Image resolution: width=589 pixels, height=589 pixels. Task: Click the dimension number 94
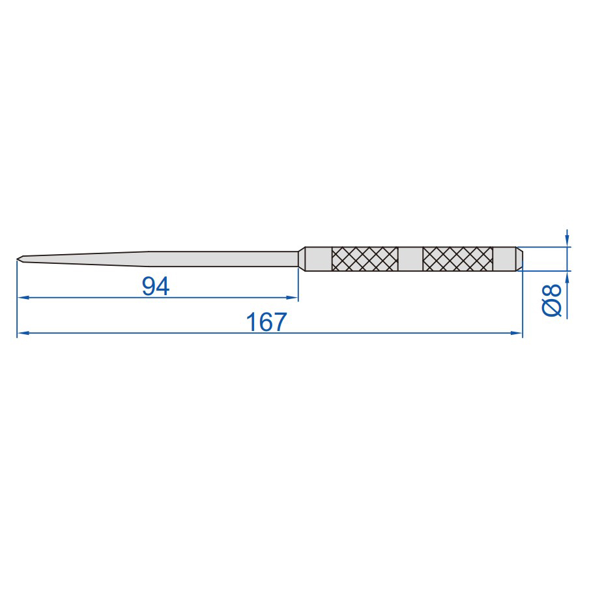[156, 286]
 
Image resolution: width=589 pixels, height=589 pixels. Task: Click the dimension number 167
[266, 322]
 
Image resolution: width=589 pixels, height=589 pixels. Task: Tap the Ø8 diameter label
[552, 300]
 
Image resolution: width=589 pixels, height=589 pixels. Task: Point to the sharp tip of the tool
[18, 259]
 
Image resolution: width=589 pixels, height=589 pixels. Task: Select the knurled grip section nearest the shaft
[365, 259]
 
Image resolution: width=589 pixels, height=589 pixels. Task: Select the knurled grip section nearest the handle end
[458, 259]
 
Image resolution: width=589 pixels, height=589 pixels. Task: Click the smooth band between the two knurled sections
[410, 259]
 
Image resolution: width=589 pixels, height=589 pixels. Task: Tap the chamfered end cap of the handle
[519, 259]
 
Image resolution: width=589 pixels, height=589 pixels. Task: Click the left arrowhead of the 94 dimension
[23, 298]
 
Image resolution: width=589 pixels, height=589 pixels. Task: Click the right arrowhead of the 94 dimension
[293, 298]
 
